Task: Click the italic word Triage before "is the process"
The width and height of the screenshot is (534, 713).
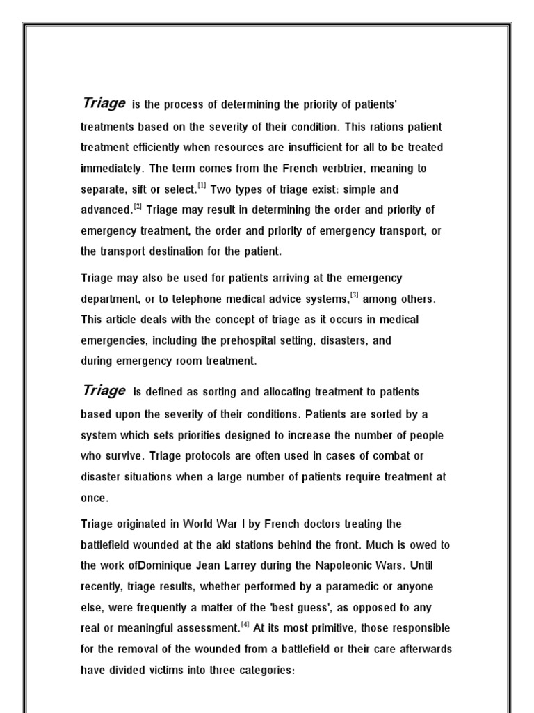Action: point(104,104)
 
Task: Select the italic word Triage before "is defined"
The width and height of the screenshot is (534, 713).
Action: point(104,391)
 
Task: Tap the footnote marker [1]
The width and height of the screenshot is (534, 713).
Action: point(202,185)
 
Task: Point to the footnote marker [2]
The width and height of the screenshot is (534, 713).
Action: point(138,206)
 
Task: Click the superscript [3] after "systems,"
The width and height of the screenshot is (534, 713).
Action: point(354,295)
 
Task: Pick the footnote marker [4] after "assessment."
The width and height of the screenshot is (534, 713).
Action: point(245,624)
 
